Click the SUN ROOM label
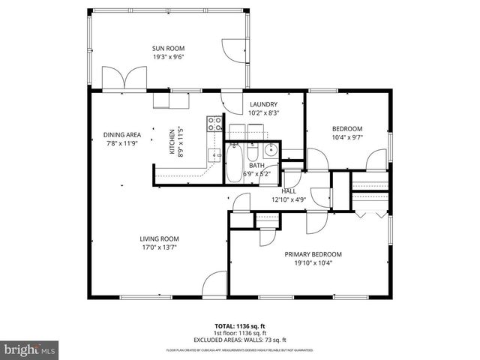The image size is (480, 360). point(168,48)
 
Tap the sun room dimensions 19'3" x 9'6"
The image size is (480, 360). point(168,56)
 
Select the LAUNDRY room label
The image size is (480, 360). point(263,104)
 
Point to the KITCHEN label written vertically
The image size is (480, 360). point(172,142)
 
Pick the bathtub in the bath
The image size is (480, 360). point(233,163)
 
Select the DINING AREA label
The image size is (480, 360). point(121,135)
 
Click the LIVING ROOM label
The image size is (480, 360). point(157,239)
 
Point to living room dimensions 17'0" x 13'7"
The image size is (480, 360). point(157,247)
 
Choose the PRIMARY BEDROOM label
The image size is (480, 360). point(313,254)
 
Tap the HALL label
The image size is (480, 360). point(288,191)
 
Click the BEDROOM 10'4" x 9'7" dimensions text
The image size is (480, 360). point(346,137)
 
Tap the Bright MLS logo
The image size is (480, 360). point(29,349)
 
